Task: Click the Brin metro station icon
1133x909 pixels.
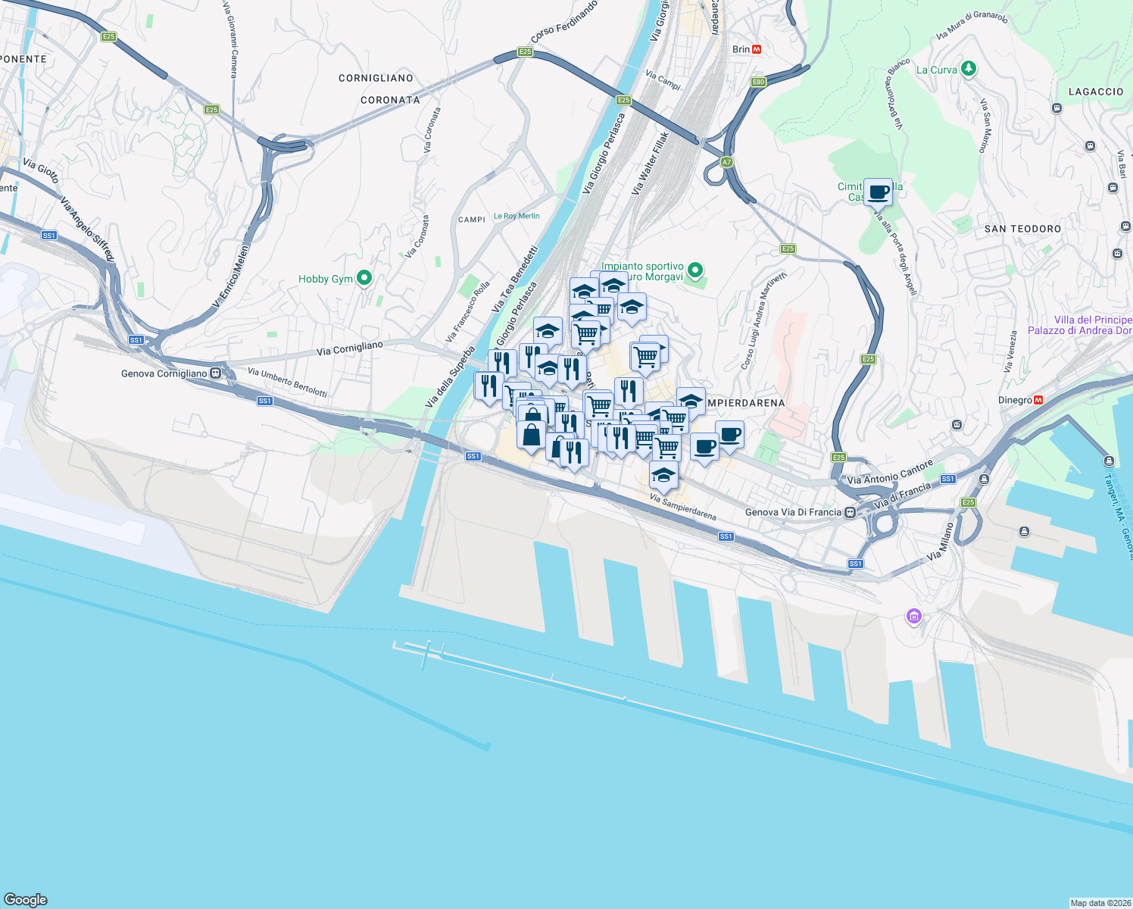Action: pos(756,49)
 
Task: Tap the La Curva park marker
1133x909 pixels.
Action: pos(968,69)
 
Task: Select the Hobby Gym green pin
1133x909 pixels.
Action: pos(364,278)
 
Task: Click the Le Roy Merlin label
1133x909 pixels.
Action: pos(517,216)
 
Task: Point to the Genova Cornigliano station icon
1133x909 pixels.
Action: pos(216,373)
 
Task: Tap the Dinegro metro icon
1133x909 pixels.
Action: pos(1038,400)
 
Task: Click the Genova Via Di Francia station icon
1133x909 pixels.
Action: pos(851,512)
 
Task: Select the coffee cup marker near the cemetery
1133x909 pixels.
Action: pos(878,192)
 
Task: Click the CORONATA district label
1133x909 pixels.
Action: pos(390,100)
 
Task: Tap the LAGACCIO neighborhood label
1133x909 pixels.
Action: pos(1095,92)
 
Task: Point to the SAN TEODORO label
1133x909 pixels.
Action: pos(1022,229)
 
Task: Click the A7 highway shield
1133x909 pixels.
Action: pos(726,162)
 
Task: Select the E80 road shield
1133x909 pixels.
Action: pos(758,82)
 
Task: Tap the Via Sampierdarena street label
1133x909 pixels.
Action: pos(682,508)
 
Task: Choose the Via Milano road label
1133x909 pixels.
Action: pos(940,542)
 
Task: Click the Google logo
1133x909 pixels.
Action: pos(26,899)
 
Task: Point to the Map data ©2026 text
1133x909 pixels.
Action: pos(1099,903)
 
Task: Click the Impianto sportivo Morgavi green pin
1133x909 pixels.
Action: pos(695,270)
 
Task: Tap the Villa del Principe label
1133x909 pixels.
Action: pos(1093,320)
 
